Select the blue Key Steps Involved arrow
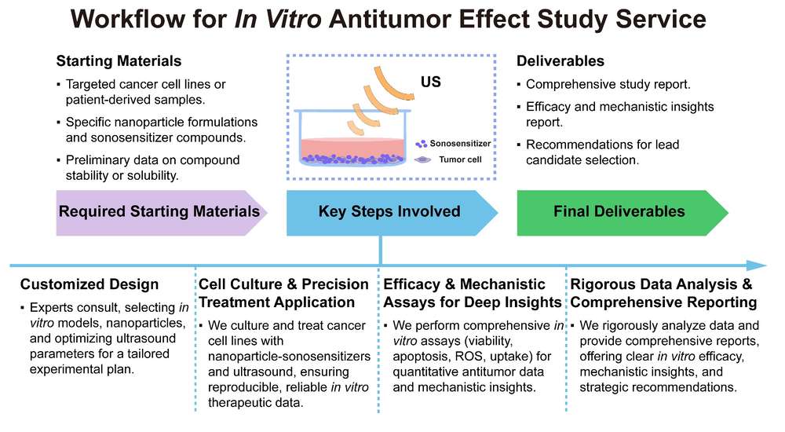389,211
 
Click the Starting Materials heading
119,61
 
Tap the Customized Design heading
89,284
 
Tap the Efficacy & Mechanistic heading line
464,284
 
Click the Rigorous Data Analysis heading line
662,284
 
